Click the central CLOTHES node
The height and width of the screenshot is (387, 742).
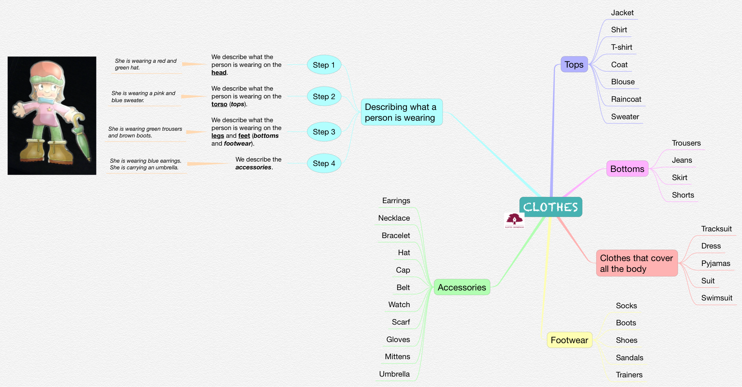[551, 207]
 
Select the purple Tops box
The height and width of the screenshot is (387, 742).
[574, 65]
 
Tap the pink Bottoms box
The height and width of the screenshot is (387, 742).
[627, 169]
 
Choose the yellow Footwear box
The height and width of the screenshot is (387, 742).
[569, 340]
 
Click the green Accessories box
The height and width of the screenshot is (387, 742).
[462, 287]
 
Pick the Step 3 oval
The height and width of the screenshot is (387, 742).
[324, 132]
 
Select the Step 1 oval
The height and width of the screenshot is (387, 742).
[324, 65]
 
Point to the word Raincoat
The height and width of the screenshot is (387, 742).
[626, 99]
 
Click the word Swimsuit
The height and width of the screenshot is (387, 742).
[716, 298]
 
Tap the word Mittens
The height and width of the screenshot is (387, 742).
[397, 357]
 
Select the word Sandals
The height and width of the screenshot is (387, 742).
[629, 358]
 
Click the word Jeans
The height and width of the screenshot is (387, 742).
[682, 160]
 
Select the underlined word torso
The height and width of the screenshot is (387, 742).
[219, 104]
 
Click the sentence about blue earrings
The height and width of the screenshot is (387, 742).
[145, 161]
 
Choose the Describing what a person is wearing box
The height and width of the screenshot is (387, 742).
[401, 112]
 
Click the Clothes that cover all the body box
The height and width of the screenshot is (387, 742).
[637, 263]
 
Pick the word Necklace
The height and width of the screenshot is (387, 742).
[394, 218]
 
